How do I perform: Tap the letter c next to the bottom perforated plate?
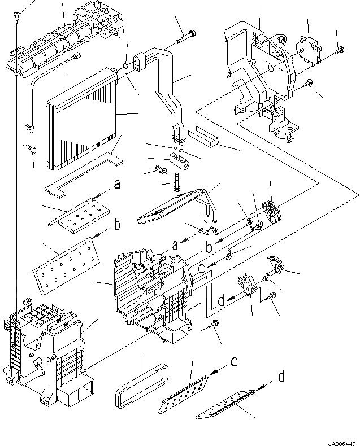(x=233, y=360)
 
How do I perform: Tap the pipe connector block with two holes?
(x=139, y=62)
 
